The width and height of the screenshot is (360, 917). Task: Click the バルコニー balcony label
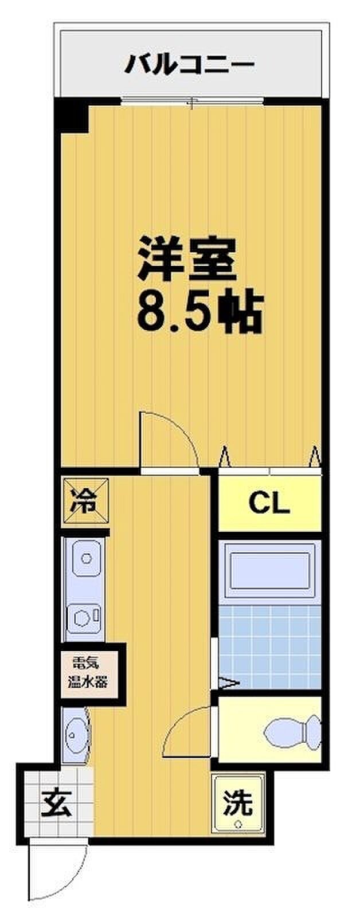click(x=190, y=65)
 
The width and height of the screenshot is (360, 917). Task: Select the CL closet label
click(x=269, y=503)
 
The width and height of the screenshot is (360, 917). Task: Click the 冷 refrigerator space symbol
click(x=85, y=501)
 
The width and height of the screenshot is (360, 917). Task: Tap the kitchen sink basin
click(x=85, y=558)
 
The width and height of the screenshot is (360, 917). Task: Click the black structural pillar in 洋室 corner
click(x=72, y=116)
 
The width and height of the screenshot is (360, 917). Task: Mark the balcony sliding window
click(x=193, y=101)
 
